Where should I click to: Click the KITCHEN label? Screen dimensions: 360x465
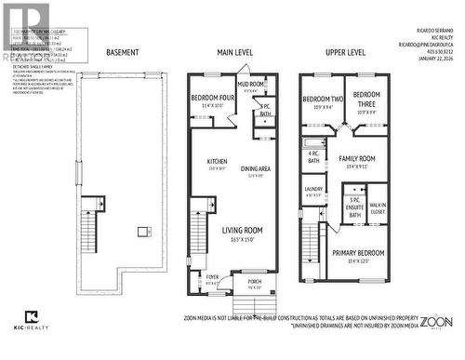point(217,161)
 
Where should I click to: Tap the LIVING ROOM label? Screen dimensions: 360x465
point(242,231)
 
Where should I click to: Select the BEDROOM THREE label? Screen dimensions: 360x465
point(366,97)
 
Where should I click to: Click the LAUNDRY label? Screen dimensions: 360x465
point(313,189)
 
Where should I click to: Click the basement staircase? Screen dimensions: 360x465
point(90,224)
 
